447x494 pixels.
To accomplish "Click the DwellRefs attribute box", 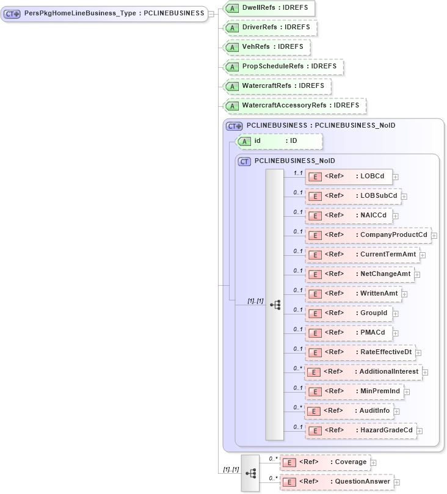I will click(269, 9).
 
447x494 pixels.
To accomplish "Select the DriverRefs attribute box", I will click(270, 28).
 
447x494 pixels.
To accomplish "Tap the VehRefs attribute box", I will click(266, 47).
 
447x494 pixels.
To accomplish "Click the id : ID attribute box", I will click(278, 141).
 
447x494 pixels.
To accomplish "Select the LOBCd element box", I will click(349, 176).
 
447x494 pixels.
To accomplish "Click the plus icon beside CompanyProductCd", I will click(434, 235).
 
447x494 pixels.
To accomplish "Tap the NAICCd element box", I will click(349, 216).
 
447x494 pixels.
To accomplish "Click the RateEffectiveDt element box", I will click(360, 352).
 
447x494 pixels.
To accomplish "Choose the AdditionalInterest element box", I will click(363, 372).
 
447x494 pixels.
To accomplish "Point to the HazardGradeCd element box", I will click(361, 430).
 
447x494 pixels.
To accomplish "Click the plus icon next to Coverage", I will click(374, 463).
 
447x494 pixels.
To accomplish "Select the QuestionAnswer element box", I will click(336, 482).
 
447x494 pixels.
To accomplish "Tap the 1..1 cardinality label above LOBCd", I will click(298, 173).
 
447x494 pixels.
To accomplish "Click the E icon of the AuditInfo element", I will click(313, 411).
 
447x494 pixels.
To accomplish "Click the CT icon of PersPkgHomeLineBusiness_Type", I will click(12, 13).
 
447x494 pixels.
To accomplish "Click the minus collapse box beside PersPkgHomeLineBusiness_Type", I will click(211, 13).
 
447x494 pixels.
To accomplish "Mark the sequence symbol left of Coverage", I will click(250, 473).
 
